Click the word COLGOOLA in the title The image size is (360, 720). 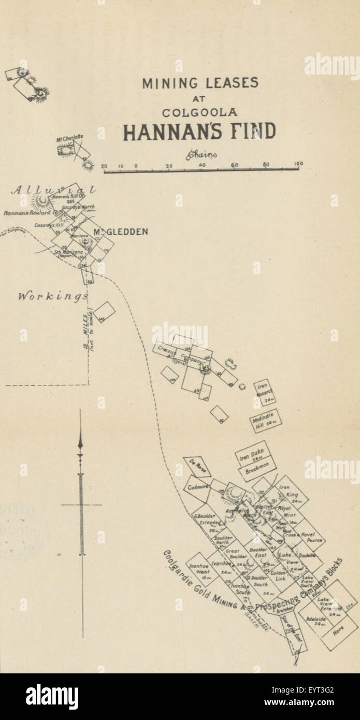pyautogui.click(x=199, y=112)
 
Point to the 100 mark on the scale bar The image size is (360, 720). pyautogui.click(x=298, y=164)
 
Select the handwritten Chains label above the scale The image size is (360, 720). pyautogui.click(x=200, y=154)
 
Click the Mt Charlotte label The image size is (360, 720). pyautogui.click(x=69, y=138)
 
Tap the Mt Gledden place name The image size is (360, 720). pyautogui.click(x=120, y=232)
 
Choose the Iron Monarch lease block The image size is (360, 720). pyautogui.click(x=264, y=392)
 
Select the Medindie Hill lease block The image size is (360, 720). pyautogui.click(x=265, y=421)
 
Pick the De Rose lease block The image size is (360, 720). pyautogui.click(x=196, y=466)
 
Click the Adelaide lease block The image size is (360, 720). pyautogui.click(x=316, y=620)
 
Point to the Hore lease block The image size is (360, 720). pyautogui.click(x=338, y=631)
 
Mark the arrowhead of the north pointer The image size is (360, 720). pyautogui.click(x=80, y=443)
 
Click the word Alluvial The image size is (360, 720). pyautogui.click(x=53, y=190)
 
